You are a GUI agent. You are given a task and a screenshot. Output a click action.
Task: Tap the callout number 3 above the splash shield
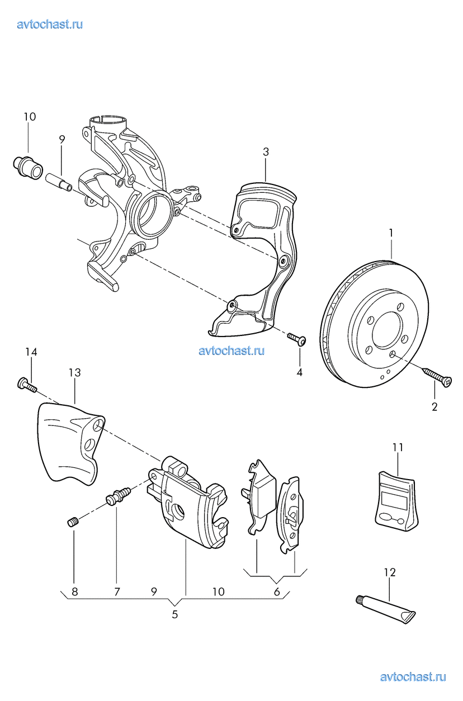[x=266, y=151]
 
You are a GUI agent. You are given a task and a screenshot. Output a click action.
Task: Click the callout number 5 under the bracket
[x=174, y=615]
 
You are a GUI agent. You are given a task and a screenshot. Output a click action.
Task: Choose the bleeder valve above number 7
[x=118, y=495]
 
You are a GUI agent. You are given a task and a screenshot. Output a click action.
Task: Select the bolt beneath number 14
[x=27, y=384]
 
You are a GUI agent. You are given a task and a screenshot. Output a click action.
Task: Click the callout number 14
[x=31, y=352]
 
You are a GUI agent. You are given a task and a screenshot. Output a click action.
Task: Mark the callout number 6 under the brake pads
[x=276, y=591]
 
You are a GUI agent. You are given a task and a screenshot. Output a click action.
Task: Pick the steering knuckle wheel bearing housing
[x=150, y=214]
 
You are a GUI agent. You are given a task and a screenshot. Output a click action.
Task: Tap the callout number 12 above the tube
[x=390, y=572]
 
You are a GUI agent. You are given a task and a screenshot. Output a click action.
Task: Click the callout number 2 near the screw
[x=434, y=406]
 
